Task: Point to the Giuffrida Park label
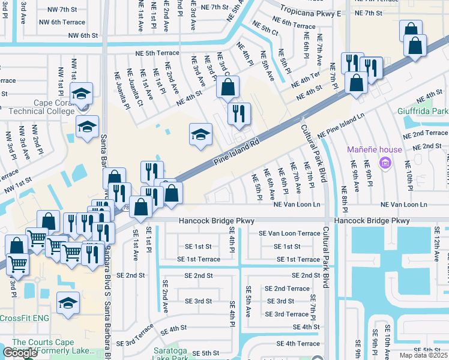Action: click(423, 112)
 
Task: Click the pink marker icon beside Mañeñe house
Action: click(385, 163)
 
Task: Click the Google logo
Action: click(20, 353)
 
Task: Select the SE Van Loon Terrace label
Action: click(289, 233)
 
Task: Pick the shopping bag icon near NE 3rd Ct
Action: click(228, 88)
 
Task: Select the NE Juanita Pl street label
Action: click(122, 91)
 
